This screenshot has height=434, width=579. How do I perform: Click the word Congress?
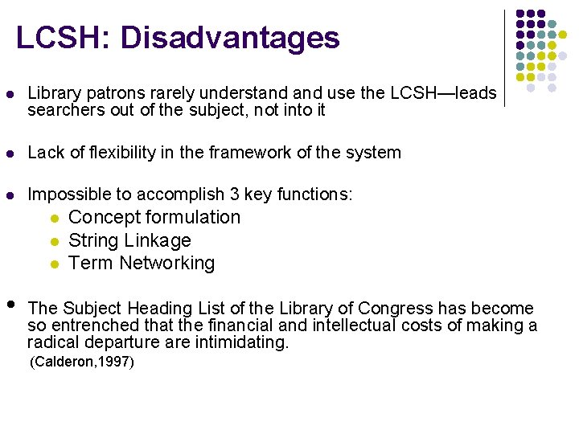point(391,309)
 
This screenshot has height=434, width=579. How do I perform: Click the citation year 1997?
point(117,362)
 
